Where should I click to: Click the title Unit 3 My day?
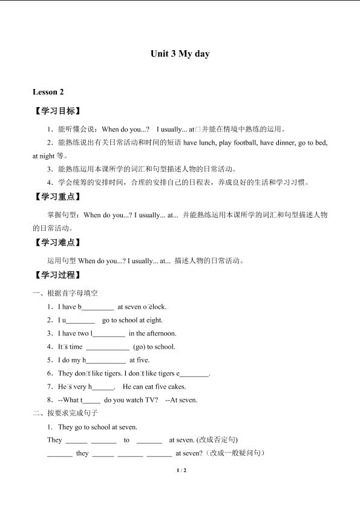click(x=180, y=54)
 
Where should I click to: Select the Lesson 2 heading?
click(x=48, y=92)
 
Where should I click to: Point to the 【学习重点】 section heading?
click(x=57, y=197)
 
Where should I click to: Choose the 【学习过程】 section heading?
click(x=57, y=275)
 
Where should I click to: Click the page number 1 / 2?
click(x=180, y=470)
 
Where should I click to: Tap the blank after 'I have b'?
click(x=97, y=307)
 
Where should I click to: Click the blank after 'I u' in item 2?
click(x=80, y=321)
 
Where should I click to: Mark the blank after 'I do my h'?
click(x=106, y=361)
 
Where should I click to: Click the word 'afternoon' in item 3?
click(x=161, y=333)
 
